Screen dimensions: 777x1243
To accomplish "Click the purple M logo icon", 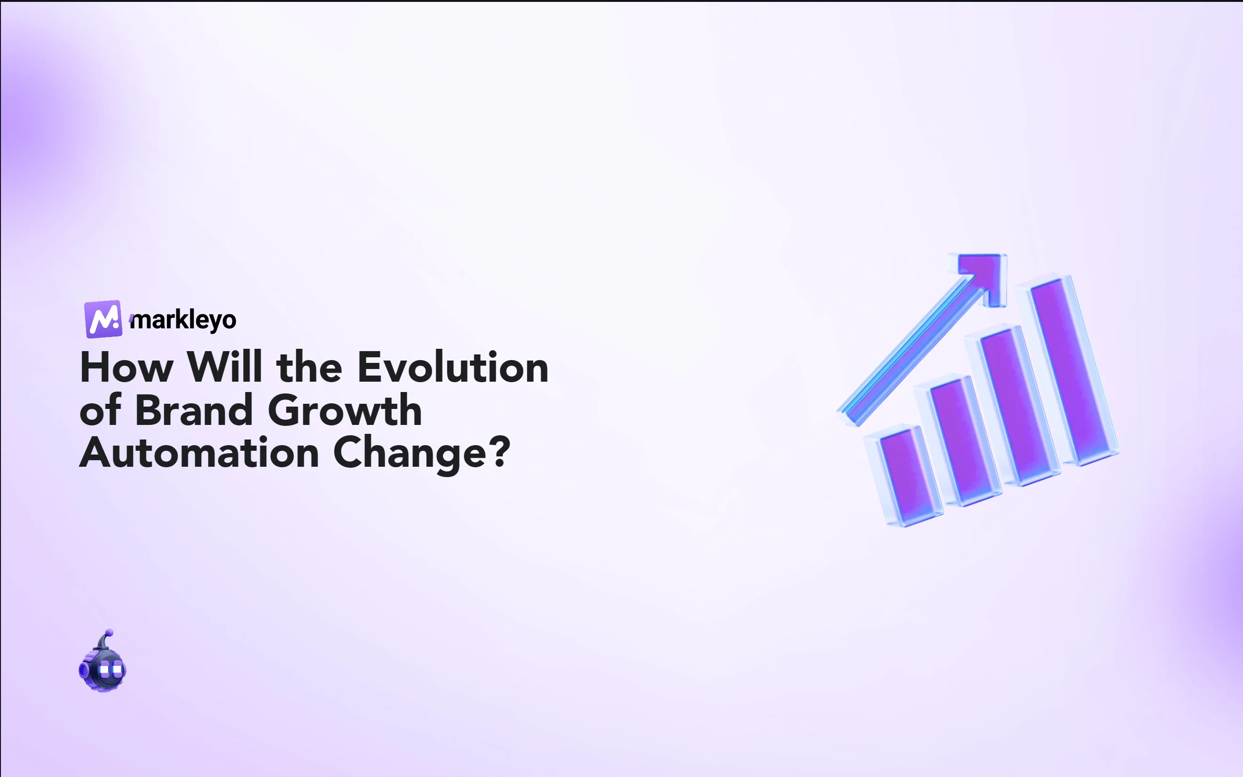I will [103, 319].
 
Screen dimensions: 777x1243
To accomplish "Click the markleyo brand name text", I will [183, 320].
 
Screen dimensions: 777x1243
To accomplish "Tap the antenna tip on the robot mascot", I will [109, 633].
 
